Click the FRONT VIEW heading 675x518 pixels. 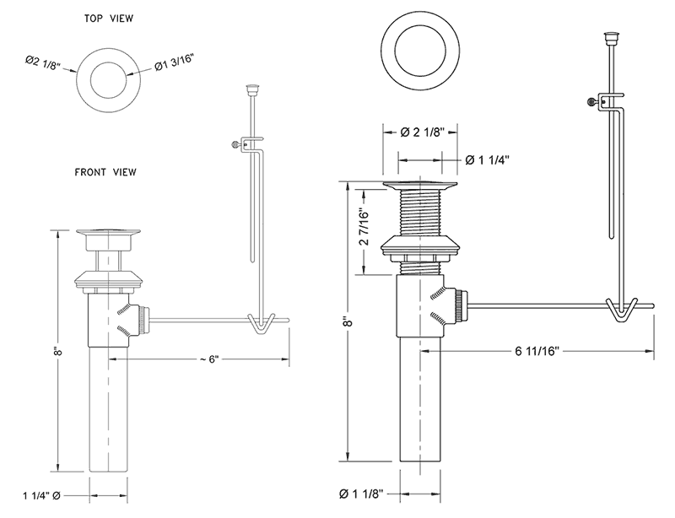pos(105,172)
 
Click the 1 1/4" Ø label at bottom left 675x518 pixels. pos(40,498)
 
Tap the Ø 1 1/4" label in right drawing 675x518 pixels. pos(488,159)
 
